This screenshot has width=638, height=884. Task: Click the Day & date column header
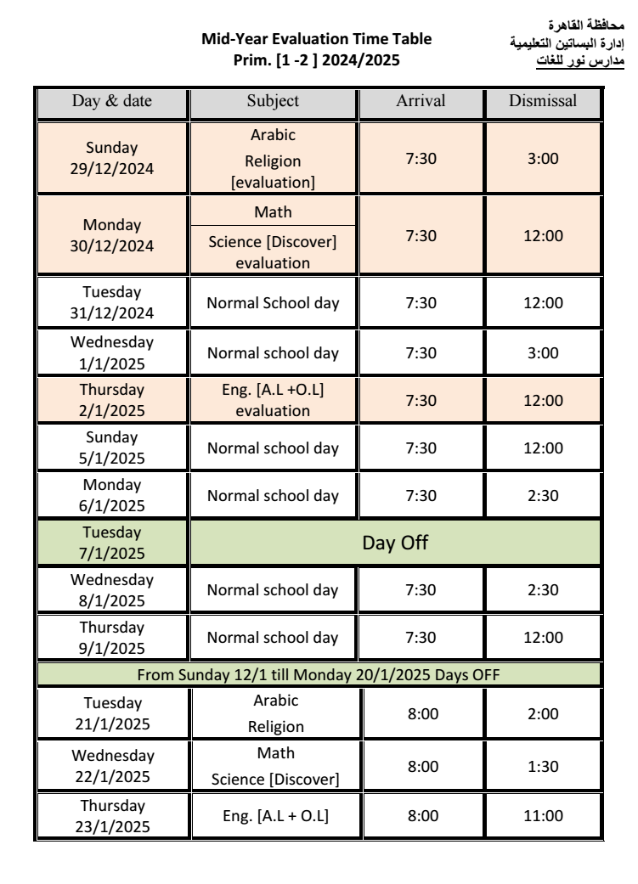click(112, 101)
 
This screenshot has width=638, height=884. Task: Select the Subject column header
click(273, 101)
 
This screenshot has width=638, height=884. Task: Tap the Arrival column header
click(421, 101)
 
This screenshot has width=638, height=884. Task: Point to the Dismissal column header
click(542, 101)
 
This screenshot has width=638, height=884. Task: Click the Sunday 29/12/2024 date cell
click(112, 158)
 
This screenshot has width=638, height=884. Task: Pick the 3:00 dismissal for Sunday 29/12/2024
click(542, 158)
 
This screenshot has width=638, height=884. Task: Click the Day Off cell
click(396, 543)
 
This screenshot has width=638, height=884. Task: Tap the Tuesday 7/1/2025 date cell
click(112, 543)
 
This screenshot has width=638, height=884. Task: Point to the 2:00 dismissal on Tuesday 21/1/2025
click(542, 714)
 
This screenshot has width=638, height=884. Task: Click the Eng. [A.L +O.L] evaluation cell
click(273, 400)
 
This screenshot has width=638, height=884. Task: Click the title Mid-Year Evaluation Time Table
click(316, 40)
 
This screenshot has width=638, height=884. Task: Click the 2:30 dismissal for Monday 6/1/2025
click(542, 495)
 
